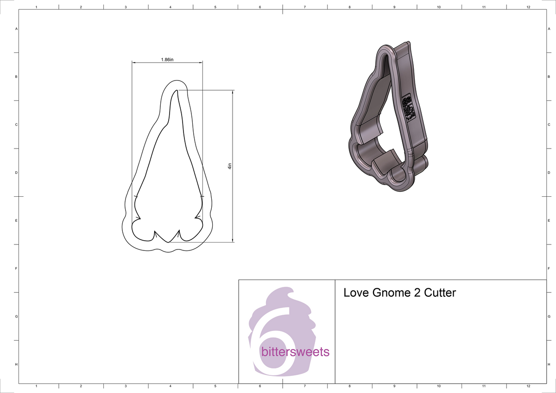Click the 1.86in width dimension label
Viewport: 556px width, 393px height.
point(167,60)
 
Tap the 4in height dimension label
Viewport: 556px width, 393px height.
point(229,166)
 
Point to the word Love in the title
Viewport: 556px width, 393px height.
point(354,293)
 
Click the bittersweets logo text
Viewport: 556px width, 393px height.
point(296,352)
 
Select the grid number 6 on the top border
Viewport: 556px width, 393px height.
point(260,7)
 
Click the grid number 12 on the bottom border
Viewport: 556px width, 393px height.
point(529,386)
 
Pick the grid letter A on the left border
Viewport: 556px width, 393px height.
point(17,29)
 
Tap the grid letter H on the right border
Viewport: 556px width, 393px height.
point(549,365)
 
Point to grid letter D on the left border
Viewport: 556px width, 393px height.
point(17,173)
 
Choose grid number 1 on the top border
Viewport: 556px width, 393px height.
point(36,7)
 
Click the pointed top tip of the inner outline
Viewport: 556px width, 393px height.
point(177,91)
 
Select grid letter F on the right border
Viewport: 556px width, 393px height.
point(549,268)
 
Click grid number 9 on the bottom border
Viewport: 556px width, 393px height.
point(394,386)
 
